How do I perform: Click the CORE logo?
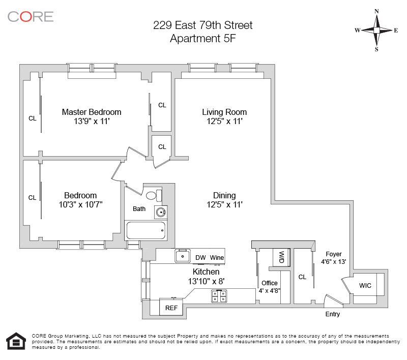click(x=31, y=17)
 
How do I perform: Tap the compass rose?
click(x=376, y=31)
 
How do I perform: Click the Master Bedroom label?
click(x=92, y=112)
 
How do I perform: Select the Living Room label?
click(x=224, y=112)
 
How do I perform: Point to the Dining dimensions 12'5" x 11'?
click(x=224, y=204)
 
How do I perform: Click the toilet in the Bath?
click(x=154, y=195)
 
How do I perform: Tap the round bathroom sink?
click(x=161, y=213)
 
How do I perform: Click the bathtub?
click(x=146, y=230)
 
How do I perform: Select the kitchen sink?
click(x=183, y=256)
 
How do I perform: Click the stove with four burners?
click(x=219, y=296)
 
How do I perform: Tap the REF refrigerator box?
click(x=171, y=307)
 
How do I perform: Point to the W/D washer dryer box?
click(x=281, y=257)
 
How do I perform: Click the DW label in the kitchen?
click(x=200, y=258)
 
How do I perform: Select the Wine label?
click(x=217, y=258)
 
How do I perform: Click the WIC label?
click(x=365, y=286)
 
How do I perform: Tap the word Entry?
click(x=333, y=314)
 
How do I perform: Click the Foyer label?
click(x=334, y=254)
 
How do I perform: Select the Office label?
click(x=270, y=283)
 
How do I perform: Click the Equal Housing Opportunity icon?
click(x=16, y=341)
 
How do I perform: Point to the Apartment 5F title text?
click(x=202, y=39)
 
